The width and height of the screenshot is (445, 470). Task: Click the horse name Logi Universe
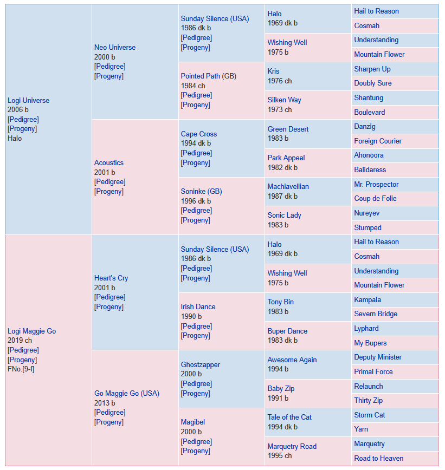point(29,100)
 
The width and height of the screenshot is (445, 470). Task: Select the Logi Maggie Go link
point(32,331)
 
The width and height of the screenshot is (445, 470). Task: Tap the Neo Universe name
point(115,47)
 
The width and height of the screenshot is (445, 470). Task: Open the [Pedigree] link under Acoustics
point(110,182)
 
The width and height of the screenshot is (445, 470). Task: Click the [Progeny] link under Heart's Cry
point(109,307)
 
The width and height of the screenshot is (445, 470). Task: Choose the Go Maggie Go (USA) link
point(127,393)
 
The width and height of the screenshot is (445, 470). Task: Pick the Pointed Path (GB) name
point(209,76)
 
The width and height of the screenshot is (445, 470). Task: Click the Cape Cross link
point(198,134)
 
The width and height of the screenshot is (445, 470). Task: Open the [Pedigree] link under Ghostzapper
point(196,384)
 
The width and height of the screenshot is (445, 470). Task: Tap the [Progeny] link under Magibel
point(195,451)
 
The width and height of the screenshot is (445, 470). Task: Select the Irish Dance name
point(198,306)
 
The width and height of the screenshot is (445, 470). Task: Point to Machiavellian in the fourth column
point(288,186)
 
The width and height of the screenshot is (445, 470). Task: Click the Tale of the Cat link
point(289,417)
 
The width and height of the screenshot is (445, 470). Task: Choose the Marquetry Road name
point(292,446)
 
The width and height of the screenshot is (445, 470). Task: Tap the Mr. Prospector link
point(376,184)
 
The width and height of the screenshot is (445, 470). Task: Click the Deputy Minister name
point(378,357)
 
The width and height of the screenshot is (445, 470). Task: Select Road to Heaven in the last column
point(379,458)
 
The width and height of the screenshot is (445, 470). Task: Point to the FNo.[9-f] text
point(21,369)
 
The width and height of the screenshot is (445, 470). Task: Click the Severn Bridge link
point(376,314)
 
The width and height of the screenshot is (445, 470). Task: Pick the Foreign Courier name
point(378,141)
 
